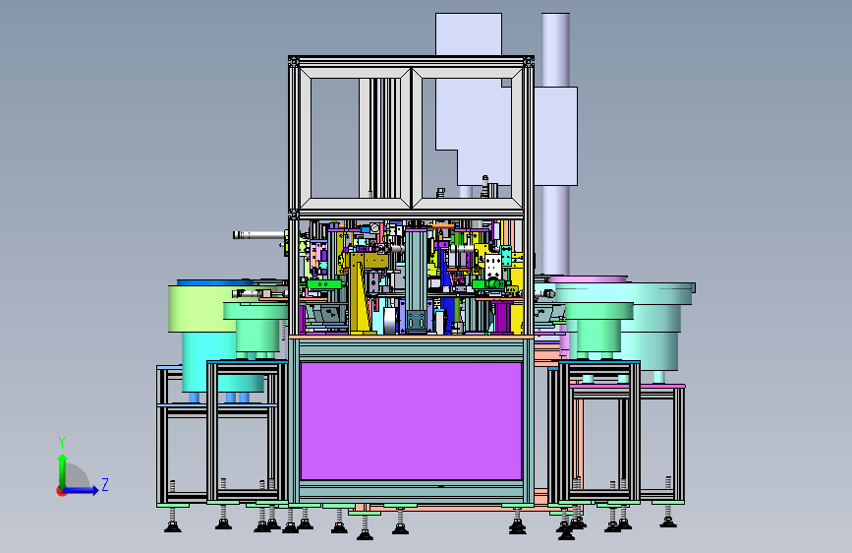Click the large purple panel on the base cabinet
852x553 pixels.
pyautogui.click(x=411, y=421)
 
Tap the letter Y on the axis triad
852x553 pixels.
pyautogui.click(x=62, y=442)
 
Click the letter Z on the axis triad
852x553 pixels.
pyautogui.click(x=105, y=484)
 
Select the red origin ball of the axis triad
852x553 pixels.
pyautogui.click(x=61, y=491)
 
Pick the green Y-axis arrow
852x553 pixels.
pyautogui.click(x=63, y=471)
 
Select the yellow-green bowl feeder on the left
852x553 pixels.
pyautogui.click(x=202, y=308)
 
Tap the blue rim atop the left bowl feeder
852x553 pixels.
pyautogui.click(x=215, y=282)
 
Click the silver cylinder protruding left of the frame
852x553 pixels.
pyautogui.click(x=258, y=235)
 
